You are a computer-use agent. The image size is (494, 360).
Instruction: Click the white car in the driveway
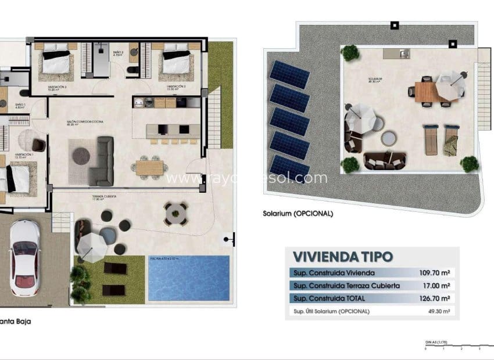(24, 258)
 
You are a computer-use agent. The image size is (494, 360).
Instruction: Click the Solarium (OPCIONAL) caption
(298, 213)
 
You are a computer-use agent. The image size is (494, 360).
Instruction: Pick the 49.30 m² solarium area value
(441, 311)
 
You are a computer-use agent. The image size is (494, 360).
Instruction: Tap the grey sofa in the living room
(104, 160)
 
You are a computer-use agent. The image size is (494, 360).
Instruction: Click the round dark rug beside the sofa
(81, 156)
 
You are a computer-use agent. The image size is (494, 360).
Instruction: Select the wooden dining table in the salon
(150, 167)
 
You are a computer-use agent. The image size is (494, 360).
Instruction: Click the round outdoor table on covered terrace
(175, 214)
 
